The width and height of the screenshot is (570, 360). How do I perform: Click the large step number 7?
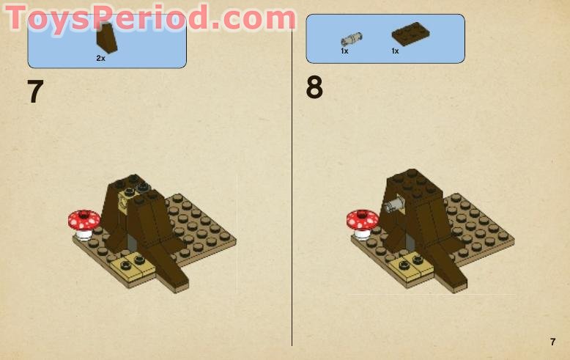[x=35, y=92]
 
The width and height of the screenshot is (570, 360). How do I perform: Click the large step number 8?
[x=314, y=88]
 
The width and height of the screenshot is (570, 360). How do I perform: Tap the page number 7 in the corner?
[x=552, y=342]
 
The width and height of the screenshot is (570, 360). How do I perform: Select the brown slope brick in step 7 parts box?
[x=107, y=38]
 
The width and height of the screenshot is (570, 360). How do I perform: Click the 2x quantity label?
[x=101, y=58]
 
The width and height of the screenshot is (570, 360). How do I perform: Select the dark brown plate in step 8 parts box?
[x=410, y=34]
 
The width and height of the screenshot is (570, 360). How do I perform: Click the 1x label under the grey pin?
[x=344, y=51]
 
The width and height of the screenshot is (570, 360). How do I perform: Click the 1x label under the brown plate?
[x=395, y=51]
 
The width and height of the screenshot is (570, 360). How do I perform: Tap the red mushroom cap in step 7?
[x=84, y=218]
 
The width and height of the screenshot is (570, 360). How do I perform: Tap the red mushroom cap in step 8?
[x=362, y=218]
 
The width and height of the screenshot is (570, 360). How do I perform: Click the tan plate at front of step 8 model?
[x=410, y=267]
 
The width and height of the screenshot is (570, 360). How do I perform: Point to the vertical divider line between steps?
[x=292, y=220]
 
